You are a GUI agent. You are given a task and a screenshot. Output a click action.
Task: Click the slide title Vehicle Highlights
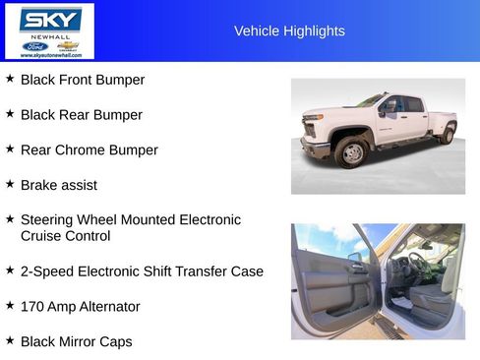[x=289, y=31]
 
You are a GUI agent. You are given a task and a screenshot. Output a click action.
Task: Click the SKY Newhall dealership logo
[x=49, y=30]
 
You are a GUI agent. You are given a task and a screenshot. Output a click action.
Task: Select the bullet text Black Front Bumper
[x=83, y=80]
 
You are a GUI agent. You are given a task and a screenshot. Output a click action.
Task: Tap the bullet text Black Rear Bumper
[x=82, y=115]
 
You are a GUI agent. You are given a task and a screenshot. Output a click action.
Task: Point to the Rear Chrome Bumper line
[x=90, y=150]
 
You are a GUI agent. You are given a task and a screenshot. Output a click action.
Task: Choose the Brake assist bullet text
[x=59, y=185]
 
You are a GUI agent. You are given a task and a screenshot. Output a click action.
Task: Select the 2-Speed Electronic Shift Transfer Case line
[x=142, y=271]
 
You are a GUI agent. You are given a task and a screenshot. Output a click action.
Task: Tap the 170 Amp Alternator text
[x=81, y=307]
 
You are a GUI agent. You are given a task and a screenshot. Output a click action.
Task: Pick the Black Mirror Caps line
[x=77, y=342]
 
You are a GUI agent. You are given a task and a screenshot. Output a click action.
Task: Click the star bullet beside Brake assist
[x=10, y=183]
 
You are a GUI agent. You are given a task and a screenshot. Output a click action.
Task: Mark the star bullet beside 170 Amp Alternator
[x=10, y=305]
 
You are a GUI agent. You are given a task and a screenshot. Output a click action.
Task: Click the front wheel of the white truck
[x=351, y=152]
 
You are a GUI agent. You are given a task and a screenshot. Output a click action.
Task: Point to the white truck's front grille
[x=314, y=129]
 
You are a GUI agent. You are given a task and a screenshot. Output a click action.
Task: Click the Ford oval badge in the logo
[x=35, y=46]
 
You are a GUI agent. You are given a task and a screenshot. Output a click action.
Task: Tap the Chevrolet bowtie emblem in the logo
[x=67, y=45]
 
